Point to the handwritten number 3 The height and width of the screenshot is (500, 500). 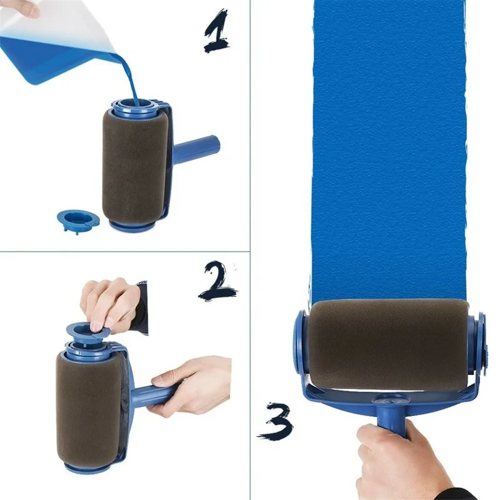click(x=275, y=421)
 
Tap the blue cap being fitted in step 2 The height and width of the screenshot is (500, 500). click(x=87, y=326)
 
